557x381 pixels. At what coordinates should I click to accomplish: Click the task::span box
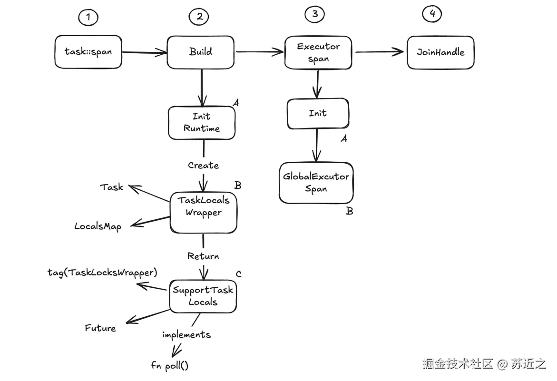coord(88,51)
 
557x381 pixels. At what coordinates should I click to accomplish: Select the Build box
coord(200,52)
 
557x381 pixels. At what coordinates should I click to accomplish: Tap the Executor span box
coord(318,53)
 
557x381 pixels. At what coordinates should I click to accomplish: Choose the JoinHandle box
coord(440,52)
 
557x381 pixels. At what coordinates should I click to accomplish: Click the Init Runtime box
coord(202,122)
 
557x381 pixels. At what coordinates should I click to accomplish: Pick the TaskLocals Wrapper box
coord(203,206)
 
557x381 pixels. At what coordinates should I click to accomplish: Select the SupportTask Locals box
coord(203,296)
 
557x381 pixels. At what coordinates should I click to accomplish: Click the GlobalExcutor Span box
coord(316,183)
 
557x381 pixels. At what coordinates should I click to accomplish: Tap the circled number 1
coord(88,18)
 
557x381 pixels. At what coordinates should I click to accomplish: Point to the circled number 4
coord(432,14)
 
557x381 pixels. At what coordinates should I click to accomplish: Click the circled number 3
coord(314,14)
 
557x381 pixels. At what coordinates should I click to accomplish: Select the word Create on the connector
coord(203,166)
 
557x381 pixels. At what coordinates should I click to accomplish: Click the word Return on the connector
coord(203,256)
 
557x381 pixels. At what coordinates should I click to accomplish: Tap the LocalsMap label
coord(98,226)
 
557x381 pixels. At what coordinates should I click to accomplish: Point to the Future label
coord(100,328)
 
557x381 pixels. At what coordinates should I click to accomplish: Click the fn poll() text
coord(170,366)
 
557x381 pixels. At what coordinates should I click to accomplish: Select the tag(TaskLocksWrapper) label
coord(102,273)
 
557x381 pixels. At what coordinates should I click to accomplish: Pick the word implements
coord(186,334)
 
